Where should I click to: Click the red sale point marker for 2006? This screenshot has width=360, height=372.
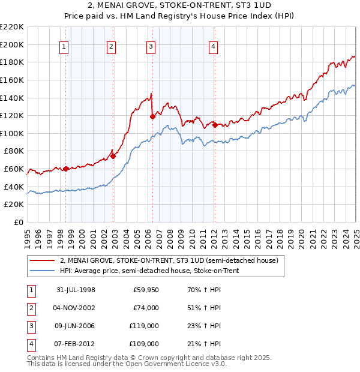152,117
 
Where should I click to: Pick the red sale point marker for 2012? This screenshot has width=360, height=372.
214,126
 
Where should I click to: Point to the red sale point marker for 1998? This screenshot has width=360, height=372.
65,169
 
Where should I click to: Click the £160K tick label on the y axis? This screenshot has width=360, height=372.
12,80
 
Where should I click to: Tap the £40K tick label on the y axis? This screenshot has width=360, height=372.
14,187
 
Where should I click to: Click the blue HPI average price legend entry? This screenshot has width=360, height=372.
156,271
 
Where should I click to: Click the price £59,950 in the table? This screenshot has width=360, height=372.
145,290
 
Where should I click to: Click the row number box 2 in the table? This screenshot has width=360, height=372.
30,308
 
